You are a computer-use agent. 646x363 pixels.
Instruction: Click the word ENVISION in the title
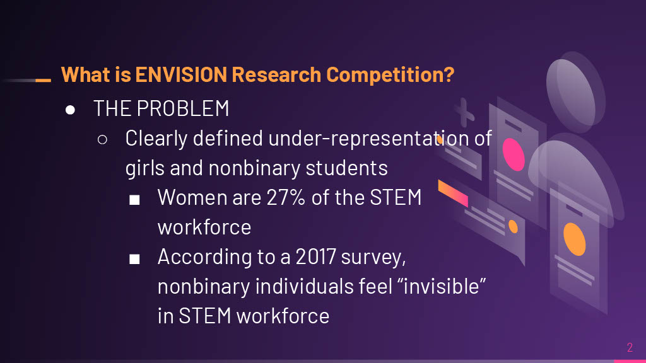pos(181,74)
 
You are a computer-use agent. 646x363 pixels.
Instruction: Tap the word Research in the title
pos(276,74)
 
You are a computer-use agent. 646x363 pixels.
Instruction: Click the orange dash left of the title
pos(44,80)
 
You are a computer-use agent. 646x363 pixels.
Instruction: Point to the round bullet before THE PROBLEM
pos(70,110)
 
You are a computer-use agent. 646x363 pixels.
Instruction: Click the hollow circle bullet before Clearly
pos(102,139)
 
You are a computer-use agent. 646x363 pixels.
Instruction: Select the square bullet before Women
pos(134,200)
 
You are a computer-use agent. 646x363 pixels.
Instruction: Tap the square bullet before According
pos(134,259)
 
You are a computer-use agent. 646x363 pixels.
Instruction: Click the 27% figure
pos(286,197)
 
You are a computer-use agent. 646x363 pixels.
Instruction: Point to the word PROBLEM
pos(183,108)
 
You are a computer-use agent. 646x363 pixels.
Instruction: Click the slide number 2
pos(630,347)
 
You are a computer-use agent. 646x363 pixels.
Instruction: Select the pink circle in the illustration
pos(514,154)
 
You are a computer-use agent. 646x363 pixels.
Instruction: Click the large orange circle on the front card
pos(574,239)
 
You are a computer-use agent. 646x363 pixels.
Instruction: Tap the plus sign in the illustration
pos(464,112)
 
